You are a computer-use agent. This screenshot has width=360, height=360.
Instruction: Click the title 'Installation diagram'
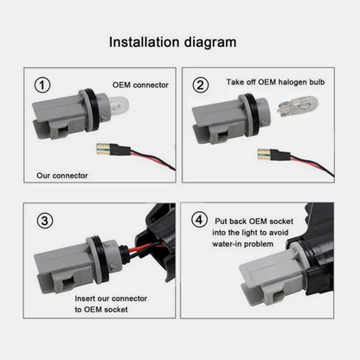[x=179, y=41]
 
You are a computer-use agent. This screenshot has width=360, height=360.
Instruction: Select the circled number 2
[x=201, y=86]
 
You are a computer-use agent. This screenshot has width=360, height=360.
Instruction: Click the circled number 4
[x=202, y=220]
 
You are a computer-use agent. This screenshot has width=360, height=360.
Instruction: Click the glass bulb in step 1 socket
[x=110, y=114]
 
